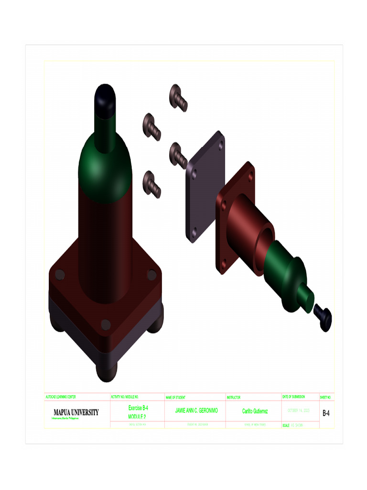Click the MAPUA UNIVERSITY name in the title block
tap(76, 412)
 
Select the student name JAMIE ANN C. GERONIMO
tap(196, 411)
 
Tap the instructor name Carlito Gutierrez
tap(255, 411)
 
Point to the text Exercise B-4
tap(138, 408)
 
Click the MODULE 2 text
tap(137, 417)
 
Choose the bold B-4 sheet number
tap(326, 412)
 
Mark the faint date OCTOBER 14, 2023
tap(299, 411)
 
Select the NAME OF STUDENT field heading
tap(175, 397)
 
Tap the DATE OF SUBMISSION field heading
tap(294, 397)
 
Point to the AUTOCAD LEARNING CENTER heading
tap(61, 397)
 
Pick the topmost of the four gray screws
tap(178, 97)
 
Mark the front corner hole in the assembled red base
tap(106, 325)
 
